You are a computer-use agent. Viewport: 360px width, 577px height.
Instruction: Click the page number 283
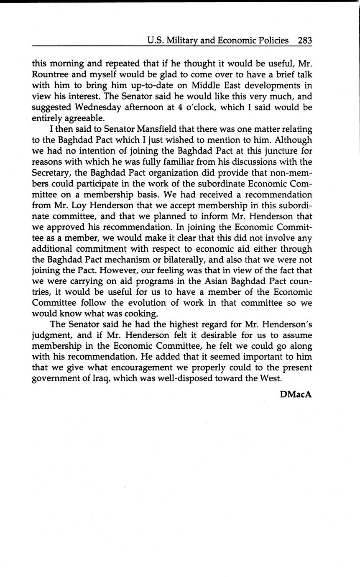tap(305, 41)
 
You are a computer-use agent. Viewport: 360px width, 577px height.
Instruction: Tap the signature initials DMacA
tap(296, 394)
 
